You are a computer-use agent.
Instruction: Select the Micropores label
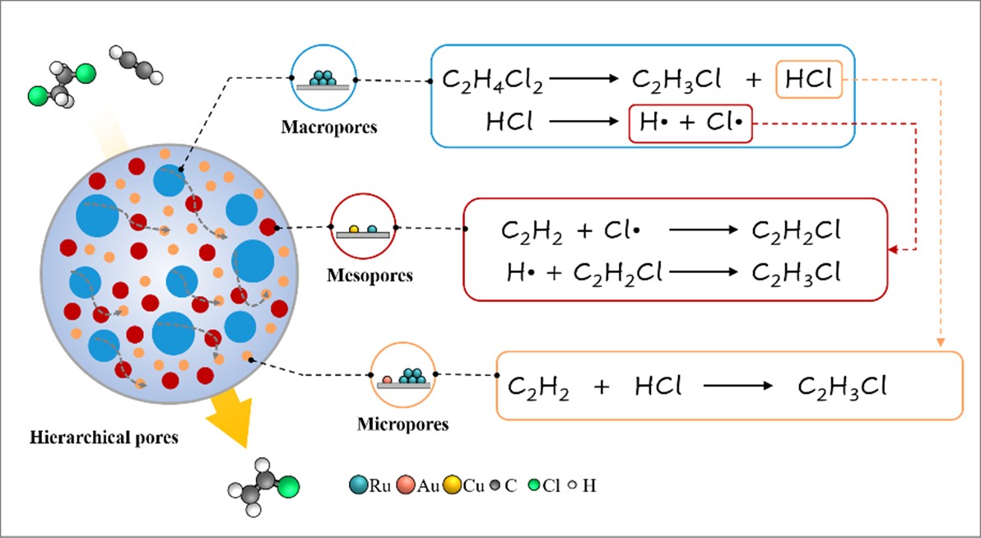tap(402, 424)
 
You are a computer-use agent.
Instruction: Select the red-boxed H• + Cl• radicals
tap(690, 123)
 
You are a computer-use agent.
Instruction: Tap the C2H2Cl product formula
tap(796, 231)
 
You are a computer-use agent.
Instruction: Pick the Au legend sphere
tap(405, 485)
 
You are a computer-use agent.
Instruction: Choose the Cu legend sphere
tap(451, 485)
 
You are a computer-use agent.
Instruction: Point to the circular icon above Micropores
tap(402, 375)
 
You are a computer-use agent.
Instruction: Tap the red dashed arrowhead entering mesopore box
tap(894, 248)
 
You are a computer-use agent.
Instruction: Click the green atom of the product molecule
tap(288, 489)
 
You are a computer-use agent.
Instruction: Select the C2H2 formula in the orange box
tap(538, 386)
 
